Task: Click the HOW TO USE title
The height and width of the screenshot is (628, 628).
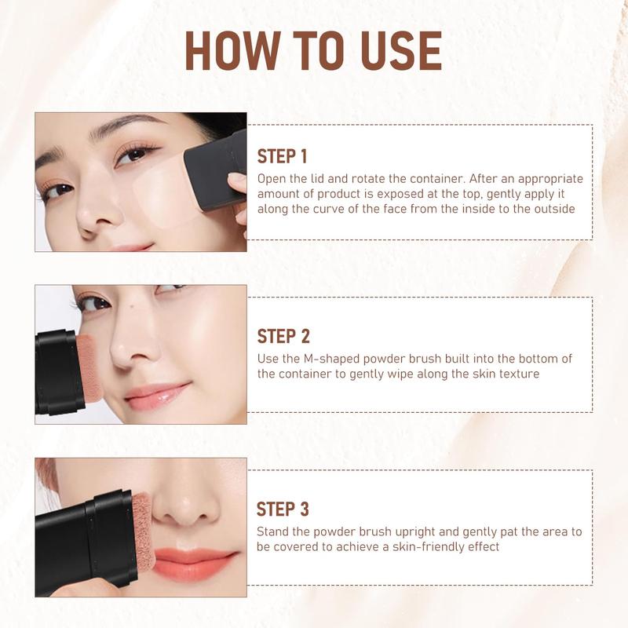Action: click(x=313, y=51)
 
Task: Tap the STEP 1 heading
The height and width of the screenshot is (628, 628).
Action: click(x=283, y=155)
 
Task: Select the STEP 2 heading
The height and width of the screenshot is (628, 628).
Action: click(x=283, y=336)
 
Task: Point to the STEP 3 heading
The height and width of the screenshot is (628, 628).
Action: click(x=283, y=509)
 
